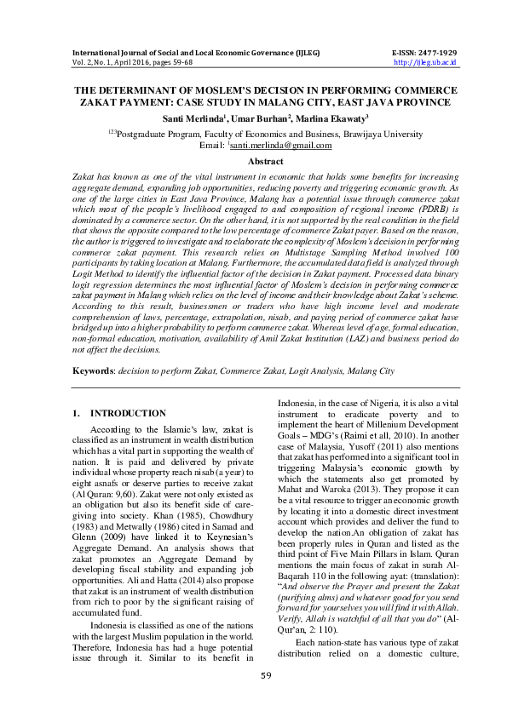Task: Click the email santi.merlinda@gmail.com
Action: coord(280,146)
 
